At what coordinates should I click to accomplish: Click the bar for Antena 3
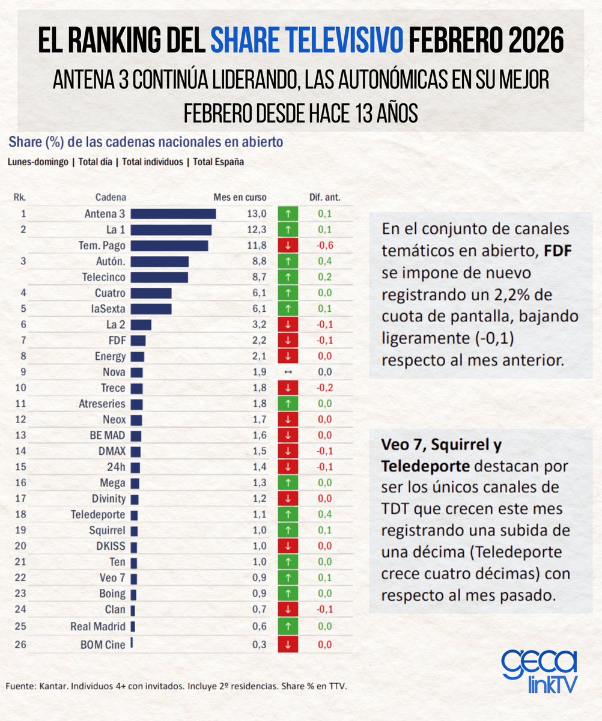pyautogui.click(x=173, y=214)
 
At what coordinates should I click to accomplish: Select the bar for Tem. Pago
pyautogui.click(x=169, y=246)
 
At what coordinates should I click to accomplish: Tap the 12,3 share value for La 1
pyautogui.click(x=257, y=230)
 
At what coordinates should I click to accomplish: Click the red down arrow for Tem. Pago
pyautogui.click(x=288, y=246)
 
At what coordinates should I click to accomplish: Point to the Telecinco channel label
pyautogui.click(x=103, y=277)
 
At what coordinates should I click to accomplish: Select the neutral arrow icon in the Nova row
pyautogui.click(x=288, y=372)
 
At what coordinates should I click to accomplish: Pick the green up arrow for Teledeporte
pyautogui.click(x=288, y=515)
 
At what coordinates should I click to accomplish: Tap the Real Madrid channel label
pyautogui.click(x=98, y=626)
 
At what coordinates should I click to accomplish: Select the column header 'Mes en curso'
pyautogui.click(x=240, y=198)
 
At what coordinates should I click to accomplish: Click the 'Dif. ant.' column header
pyautogui.click(x=324, y=198)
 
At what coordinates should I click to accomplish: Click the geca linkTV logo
pyautogui.click(x=538, y=671)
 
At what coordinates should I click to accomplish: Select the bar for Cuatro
pyautogui.click(x=151, y=293)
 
